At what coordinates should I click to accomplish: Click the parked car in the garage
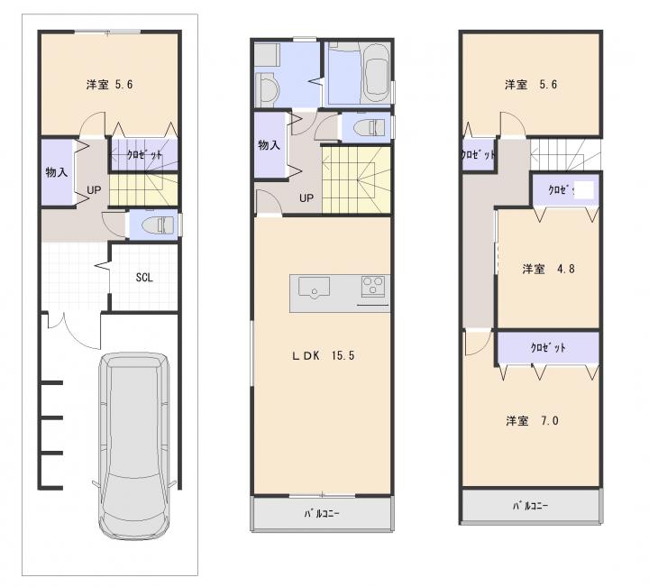pos(133,445)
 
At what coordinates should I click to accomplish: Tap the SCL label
pos(144,278)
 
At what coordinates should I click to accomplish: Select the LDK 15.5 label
pos(324,355)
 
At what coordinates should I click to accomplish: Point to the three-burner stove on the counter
pos(373,286)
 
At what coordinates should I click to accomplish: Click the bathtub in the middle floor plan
pos(376,74)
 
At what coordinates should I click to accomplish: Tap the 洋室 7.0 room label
pos(532,421)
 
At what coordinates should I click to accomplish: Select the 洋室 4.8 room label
pos(548,269)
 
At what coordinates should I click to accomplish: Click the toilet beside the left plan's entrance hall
pos(158,225)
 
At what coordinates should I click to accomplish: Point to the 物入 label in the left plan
pos(56,172)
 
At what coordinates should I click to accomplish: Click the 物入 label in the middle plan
pos(269,145)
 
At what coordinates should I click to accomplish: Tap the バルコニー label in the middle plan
pos(322,514)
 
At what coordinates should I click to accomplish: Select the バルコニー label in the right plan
pos(530,506)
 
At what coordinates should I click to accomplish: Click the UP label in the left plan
pos(94,190)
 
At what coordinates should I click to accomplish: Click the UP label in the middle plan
pos(306,198)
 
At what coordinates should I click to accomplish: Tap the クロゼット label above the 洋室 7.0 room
pos(548,348)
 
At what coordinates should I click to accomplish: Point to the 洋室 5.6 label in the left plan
pos(109,85)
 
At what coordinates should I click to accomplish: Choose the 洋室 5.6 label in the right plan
pos(531,85)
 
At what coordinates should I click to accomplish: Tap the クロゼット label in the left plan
pos(144,155)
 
